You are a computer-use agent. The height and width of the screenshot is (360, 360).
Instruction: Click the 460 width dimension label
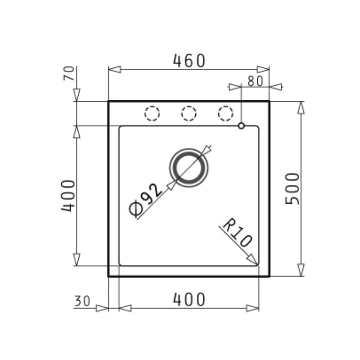coord(189,61)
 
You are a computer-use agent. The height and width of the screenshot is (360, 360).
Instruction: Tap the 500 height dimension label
coord(292,189)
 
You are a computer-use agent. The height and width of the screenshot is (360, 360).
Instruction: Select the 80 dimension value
coord(255,81)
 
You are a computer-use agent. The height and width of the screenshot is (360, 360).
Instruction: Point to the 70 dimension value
coord(69,73)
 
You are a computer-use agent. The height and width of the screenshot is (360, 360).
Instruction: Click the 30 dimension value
coord(82,301)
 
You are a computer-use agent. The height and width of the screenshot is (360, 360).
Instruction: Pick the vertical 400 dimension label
coord(68,195)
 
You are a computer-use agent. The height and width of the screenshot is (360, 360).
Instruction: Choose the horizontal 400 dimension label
coord(189,299)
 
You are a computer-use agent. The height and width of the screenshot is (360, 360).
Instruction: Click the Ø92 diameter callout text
coord(145,200)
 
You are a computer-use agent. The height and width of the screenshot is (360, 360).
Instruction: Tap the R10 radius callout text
coord(237,232)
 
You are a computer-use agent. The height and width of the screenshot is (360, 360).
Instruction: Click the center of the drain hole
coord(189,167)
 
